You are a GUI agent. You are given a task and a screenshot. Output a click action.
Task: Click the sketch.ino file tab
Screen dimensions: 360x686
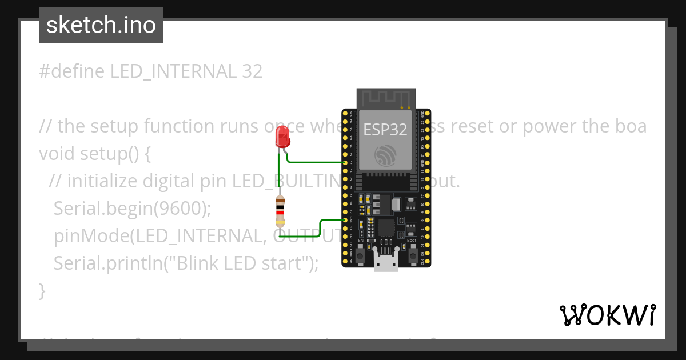click(101, 25)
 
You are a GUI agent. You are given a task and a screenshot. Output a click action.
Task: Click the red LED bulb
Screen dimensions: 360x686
click(282, 137)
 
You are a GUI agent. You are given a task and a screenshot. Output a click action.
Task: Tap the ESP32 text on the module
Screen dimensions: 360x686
click(385, 130)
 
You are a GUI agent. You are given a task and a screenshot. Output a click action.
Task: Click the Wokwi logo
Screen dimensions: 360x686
click(607, 315)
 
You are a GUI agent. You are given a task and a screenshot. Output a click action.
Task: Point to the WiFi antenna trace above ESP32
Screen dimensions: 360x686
click(385, 98)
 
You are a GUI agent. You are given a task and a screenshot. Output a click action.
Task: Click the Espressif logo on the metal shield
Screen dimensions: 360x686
click(385, 155)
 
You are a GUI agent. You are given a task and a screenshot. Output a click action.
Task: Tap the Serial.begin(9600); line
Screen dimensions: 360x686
click(132, 209)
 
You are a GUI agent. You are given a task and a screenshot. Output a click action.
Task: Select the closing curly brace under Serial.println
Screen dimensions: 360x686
click(42, 290)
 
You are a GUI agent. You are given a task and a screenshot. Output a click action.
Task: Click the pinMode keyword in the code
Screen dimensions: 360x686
click(85, 235)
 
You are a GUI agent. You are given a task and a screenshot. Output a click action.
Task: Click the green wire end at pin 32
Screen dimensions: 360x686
click(345, 163)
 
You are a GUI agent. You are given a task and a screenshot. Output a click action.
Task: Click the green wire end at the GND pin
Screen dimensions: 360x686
click(345, 219)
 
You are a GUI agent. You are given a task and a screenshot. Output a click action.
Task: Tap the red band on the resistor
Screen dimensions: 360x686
click(280, 213)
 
